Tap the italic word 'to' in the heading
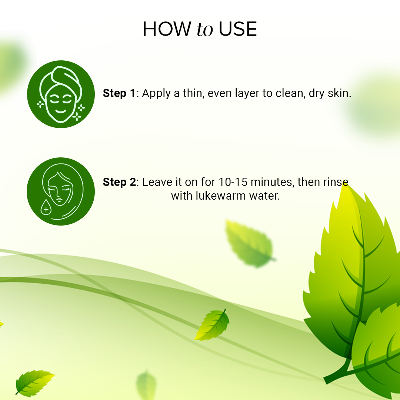[205, 30]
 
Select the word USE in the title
[238, 29]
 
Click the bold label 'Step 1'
[119, 93]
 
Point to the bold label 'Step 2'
[119, 182]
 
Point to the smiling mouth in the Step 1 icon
[60, 111]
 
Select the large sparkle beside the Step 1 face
[77, 117]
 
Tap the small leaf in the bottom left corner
[34, 381]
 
